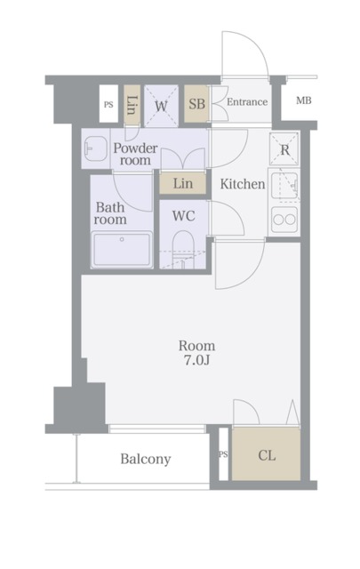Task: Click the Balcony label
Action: coord(146,459)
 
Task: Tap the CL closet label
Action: coord(267,455)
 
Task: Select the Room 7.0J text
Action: coord(196,353)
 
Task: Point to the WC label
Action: coord(184,216)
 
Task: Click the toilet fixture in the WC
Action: coord(184,250)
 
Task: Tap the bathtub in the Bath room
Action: coord(122,250)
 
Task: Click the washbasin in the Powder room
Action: coord(95,148)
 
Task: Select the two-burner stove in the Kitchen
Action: coord(284,220)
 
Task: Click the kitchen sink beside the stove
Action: coord(284,185)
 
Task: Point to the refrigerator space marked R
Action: coord(284,149)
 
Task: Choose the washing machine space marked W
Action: coord(161,106)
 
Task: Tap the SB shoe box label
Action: coord(196,104)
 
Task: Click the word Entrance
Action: coord(247,102)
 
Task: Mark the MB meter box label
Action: coord(304,100)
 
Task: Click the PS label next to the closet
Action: coord(223,454)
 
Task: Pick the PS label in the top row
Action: coord(108,105)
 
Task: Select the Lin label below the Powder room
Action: coord(183,184)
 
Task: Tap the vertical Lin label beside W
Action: coord(132,105)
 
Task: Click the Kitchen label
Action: coord(243,184)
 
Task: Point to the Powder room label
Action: coord(135,154)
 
